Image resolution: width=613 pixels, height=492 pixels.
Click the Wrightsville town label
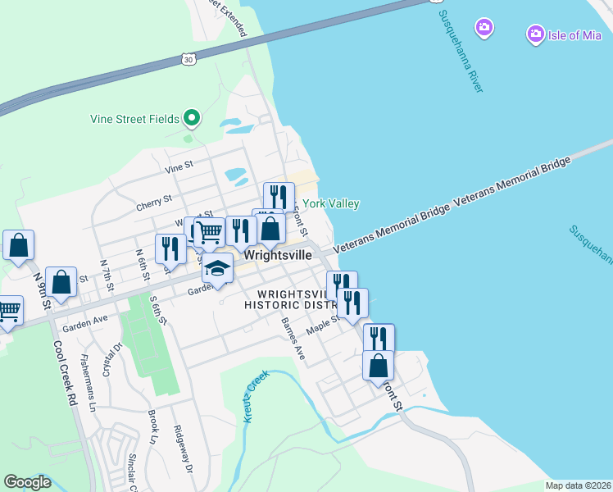click(278, 255)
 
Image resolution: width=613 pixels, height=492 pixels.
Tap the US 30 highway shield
click(188, 60)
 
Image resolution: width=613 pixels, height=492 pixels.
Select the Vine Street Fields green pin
click(192, 119)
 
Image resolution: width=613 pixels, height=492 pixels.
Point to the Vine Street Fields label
click(134, 119)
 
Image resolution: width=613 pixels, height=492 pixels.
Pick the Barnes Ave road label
click(293, 339)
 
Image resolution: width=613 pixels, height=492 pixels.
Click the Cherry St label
click(155, 198)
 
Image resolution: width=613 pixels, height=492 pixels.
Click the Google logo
click(27, 482)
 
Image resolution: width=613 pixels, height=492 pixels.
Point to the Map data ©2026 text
click(579, 485)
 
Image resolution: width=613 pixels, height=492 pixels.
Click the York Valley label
click(331, 203)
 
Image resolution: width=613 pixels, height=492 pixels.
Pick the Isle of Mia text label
click(574, 34)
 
